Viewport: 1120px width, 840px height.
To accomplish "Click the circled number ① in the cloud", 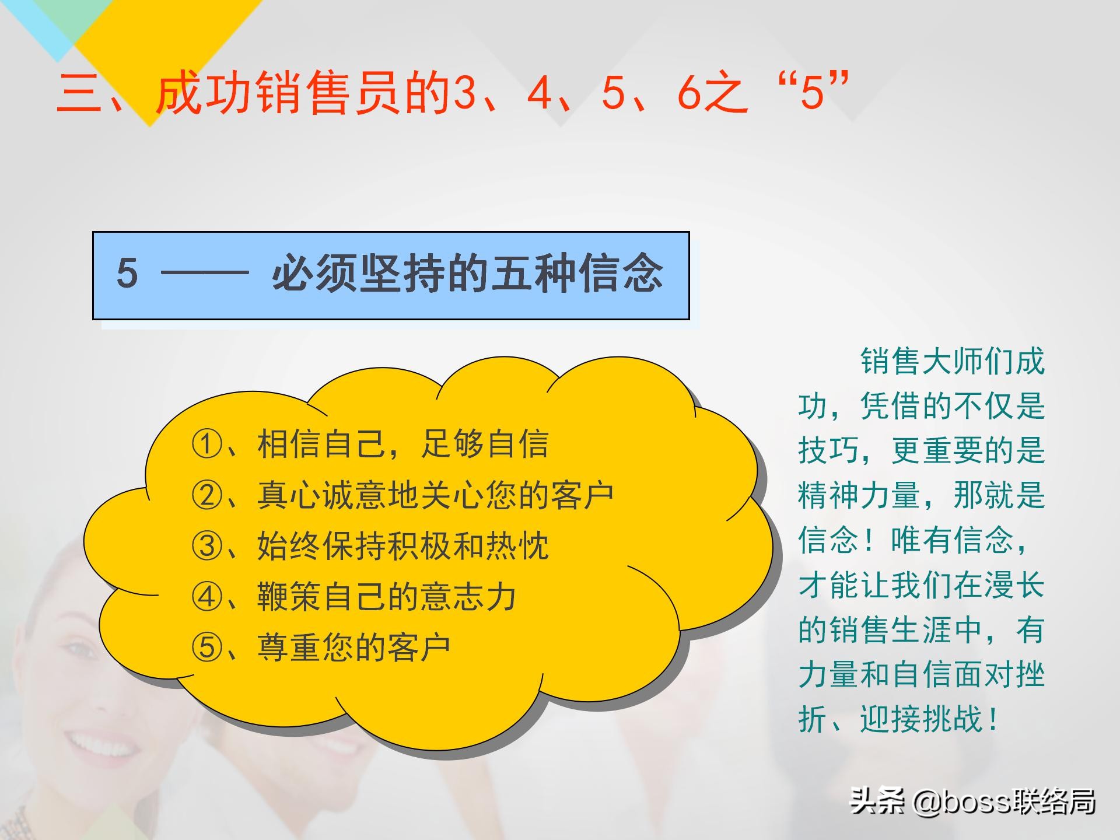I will click(x=207, y=444).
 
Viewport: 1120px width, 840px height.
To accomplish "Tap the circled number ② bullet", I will click(x=207, y=495).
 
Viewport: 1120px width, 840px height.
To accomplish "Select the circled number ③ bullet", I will click(x=207, y=546).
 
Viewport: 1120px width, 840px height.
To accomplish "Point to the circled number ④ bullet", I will click(x=207, y=597).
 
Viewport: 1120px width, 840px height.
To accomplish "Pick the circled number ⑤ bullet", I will click(x=207, y=647).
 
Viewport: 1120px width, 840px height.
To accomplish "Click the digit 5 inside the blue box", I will click(x=127, y=274).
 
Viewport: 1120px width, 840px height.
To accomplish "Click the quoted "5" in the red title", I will click(x=813, y=93).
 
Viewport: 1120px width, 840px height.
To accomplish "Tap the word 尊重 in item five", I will click(x=289, y=647).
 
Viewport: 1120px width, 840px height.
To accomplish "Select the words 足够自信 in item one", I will click(x=485, y=444).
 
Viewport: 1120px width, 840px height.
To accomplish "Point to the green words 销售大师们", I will click(x=937, y=362).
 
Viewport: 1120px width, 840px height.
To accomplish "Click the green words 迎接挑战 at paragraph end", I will click(x=922, y=719).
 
